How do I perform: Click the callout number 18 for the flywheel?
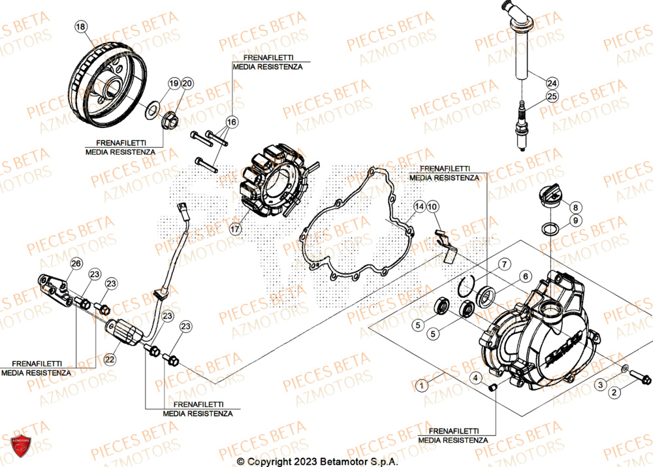click(80, 27)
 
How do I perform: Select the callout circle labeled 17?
click(234, 229)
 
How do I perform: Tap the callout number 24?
click(552, 83)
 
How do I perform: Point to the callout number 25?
click(552, 97)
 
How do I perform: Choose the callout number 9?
click(575, 221)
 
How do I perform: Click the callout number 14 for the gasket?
click(419, 206)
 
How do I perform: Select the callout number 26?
click(76, 263)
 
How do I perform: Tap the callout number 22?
click(109, 359)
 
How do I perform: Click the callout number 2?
click(614, 393)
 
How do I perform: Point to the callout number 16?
click(232, 122)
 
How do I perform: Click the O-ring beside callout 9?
click(550, 229)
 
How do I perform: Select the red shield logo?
click(21, 447)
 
